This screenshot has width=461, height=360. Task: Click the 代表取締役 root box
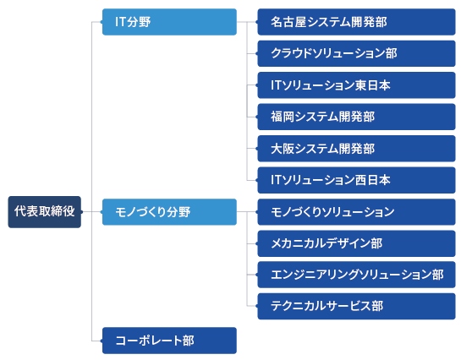point(44,212)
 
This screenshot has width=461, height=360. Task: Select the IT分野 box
point(169,22)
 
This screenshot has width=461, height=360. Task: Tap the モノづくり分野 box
point(169,212)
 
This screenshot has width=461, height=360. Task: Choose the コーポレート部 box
point(169,341)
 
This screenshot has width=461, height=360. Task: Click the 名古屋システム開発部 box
point(356,22)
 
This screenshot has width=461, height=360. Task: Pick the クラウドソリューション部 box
point(356,54)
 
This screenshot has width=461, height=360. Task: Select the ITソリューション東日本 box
point(356,85)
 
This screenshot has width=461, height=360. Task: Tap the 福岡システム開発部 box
point(356,117)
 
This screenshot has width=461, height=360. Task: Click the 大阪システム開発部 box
point(356,149)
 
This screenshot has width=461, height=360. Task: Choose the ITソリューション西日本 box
point(356,180)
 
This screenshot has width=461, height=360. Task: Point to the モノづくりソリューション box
point(356,212)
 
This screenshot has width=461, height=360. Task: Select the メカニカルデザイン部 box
point(356,243)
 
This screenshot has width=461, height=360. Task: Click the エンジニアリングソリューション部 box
point(356,275)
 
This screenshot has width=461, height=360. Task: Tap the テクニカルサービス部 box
point(356,306)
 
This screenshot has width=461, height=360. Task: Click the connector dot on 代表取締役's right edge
point(81,212)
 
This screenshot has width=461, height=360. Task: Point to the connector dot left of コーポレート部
point(102,341)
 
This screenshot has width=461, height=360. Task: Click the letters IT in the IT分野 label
point(121,22)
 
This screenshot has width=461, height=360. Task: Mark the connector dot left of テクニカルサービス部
point(257,306)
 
